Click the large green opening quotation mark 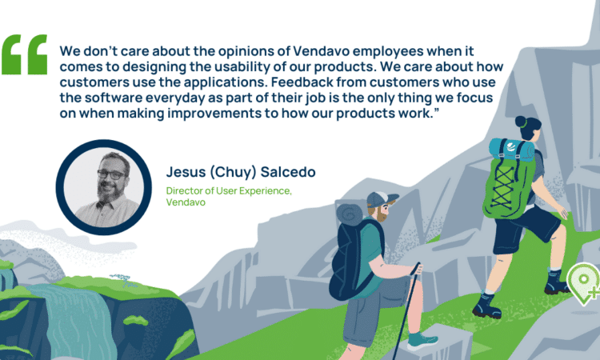coord(25,54)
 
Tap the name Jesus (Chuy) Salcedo coord(241,172)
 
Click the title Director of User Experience coord(229,190)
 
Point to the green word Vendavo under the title coord(186,202)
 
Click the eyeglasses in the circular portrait coord(111,175)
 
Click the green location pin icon coord(583,283)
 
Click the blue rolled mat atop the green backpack coord(511,150)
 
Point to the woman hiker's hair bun coord(521,122)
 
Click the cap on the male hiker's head coord(381,200)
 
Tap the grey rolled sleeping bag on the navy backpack coord(349,215)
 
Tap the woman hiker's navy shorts coord(525,229)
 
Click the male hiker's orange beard coord(381,214)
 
